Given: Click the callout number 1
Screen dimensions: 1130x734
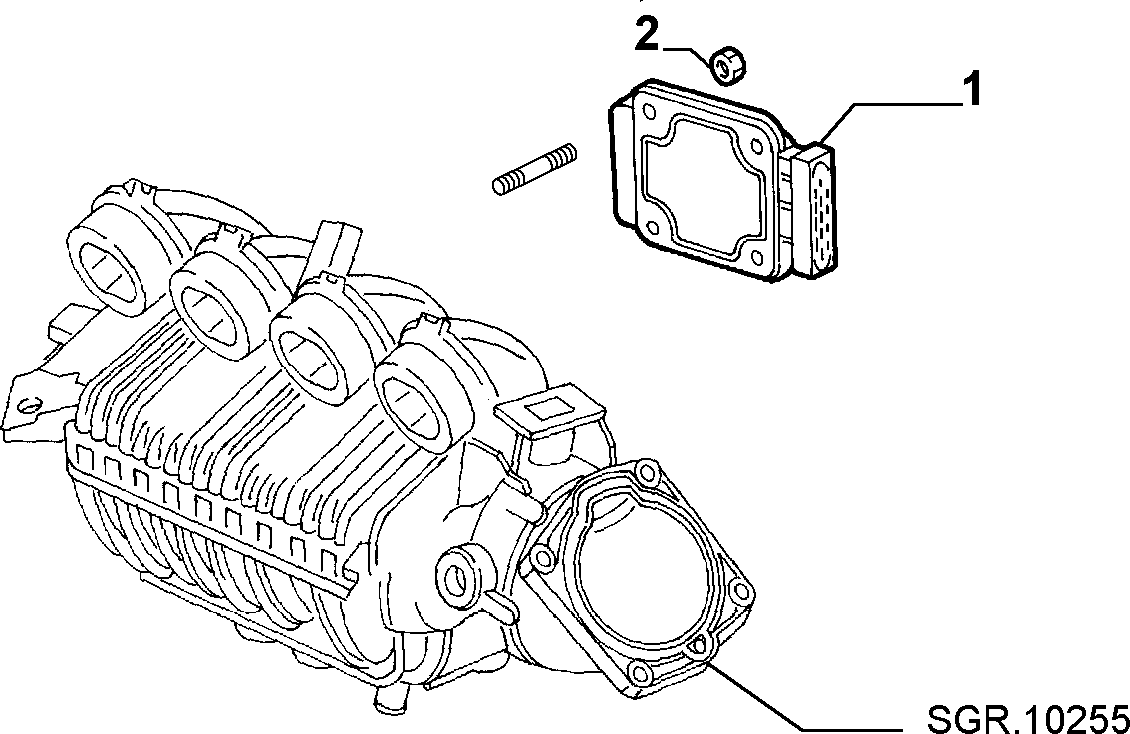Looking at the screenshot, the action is (973, 90).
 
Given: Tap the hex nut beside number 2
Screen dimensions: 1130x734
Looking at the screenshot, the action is (727, 64).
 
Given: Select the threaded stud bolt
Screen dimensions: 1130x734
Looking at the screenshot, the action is (535, 169).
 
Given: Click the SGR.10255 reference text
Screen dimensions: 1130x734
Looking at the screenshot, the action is (1027, 718).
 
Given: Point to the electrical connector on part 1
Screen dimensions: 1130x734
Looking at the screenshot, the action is (815, 211).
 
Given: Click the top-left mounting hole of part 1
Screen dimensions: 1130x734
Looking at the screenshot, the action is (648, 113).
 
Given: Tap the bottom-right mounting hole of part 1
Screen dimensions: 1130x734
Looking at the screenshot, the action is (756, 257).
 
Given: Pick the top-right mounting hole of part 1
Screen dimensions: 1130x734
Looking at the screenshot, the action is (756, 145).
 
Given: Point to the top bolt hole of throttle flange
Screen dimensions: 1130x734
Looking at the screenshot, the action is (647, 472).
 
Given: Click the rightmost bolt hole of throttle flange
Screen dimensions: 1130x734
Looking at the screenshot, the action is (740, 593).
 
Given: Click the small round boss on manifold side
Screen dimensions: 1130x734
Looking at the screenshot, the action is (458, 574).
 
